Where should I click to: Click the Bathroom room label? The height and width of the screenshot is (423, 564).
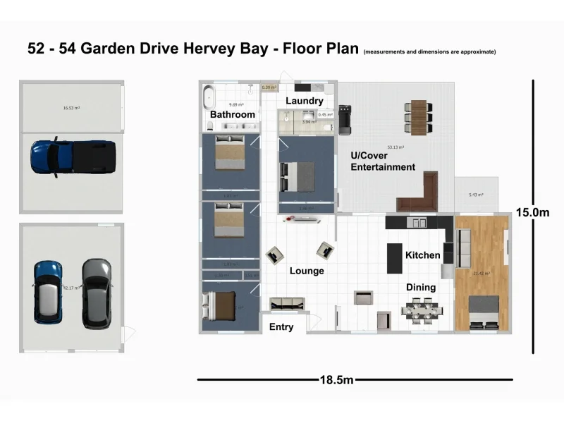tap(233, 114)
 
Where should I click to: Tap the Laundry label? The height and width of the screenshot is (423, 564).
tap(305, 102)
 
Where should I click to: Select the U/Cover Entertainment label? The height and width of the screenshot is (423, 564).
tap(383, 161)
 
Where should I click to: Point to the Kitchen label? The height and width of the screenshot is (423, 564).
tap(423, 255)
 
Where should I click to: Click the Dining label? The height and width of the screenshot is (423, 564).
tap(421, 288)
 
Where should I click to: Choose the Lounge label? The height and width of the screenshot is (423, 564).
tap(307, 271)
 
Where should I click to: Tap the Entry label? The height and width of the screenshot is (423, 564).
tap(281, 326)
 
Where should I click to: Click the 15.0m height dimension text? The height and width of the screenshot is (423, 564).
tap(532, 211)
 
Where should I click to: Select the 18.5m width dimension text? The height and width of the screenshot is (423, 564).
tap(336, 381)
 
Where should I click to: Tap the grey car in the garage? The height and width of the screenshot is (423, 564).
tap(96, 293)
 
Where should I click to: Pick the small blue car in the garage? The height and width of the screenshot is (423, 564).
tap(49, 290)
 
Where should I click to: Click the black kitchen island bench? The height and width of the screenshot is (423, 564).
tap(394, 257)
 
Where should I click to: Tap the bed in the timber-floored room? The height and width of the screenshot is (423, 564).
tap(484, 312)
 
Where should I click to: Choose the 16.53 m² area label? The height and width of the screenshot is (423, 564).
tap(71, 109)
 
